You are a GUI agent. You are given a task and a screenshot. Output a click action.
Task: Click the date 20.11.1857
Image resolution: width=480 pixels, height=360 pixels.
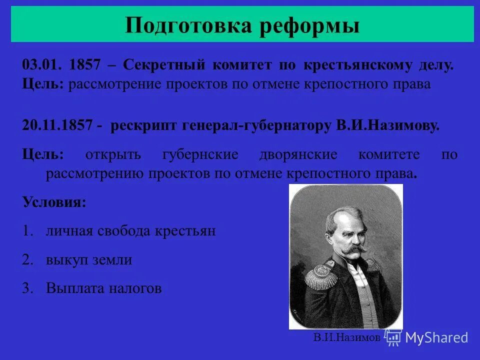pos(57,125)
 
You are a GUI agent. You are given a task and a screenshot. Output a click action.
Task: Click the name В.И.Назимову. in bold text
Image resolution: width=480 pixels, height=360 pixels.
pos(387,125)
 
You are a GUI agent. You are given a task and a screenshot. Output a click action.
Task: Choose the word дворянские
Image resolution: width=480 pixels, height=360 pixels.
pos(298,154)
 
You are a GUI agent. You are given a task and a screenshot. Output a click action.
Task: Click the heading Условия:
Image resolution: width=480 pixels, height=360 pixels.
pos(54,202)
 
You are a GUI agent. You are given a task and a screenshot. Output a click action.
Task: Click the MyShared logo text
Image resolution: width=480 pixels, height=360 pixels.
pos(436,337)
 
